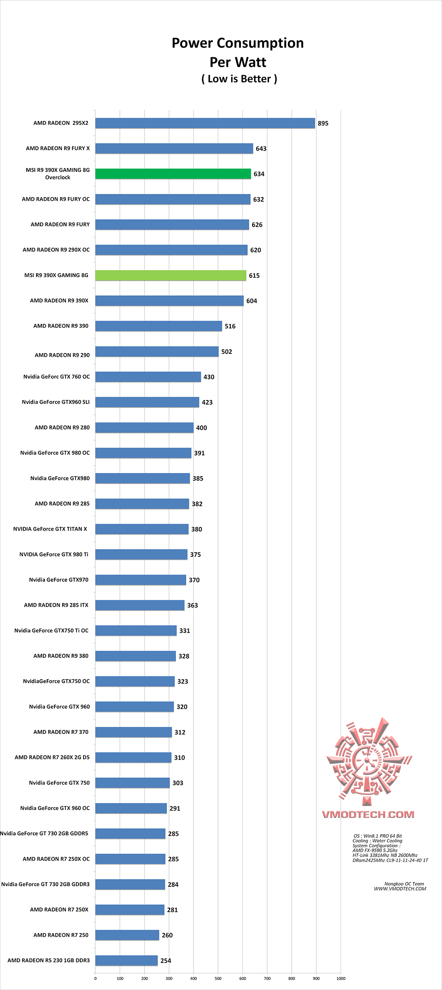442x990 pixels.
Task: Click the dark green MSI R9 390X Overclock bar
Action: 173,174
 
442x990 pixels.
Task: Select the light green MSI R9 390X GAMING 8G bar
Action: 171,275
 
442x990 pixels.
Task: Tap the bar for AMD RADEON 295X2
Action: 205,123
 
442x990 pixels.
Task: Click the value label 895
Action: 323,124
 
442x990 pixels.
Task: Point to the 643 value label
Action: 261,149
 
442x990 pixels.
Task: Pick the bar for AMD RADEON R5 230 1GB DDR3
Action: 126,961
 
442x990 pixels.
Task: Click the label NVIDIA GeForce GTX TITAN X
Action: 50,529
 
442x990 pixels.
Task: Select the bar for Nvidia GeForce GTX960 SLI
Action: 147,402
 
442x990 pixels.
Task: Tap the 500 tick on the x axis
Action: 218,979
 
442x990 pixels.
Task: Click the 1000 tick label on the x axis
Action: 341,979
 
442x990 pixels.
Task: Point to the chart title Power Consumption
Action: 237,43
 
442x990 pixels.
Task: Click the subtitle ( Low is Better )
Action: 239,79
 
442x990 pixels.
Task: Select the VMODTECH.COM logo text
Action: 368,814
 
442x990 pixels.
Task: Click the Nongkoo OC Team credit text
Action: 404,884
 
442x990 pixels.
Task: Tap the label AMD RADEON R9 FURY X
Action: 58,148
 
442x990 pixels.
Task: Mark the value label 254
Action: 166,961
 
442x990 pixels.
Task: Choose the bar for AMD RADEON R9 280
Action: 144,427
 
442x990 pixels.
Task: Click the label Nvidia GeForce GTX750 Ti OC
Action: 51,630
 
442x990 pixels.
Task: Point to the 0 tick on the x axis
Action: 95,979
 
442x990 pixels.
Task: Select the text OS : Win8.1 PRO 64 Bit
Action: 377,836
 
